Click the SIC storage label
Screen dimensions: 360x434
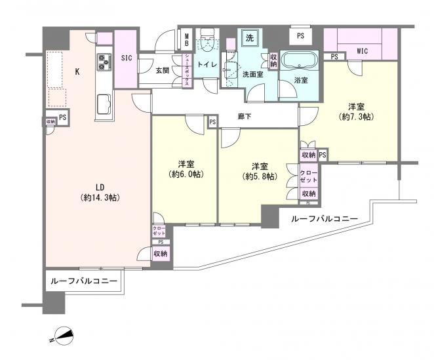click(127, 58)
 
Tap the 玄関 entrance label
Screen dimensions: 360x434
click(163, 71)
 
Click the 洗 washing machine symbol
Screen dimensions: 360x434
click(249, 38)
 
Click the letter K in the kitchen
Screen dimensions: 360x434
click(77, 72)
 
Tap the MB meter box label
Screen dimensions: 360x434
click(186, 40)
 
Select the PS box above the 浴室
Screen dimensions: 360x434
click(300, 35)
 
